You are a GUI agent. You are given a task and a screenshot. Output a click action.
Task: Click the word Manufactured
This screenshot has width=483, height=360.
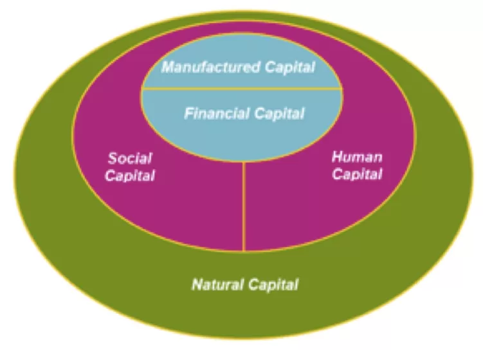coord(210,67)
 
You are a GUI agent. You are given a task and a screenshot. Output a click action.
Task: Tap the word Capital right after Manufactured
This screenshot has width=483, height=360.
coord(290,67)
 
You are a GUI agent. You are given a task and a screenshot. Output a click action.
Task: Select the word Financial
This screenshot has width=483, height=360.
coord(217,113)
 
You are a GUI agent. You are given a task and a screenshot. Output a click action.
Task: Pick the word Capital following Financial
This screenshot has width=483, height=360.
coord(279,114)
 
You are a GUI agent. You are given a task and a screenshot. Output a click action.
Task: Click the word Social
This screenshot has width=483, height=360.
coord(130,158)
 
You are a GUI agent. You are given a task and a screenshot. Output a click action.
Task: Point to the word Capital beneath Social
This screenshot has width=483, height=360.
coord(130,176)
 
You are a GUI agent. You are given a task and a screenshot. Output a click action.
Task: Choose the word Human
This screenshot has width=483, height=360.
coord(357,157)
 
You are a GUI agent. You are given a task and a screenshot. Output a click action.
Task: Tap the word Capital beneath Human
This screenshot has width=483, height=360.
coord(357,174)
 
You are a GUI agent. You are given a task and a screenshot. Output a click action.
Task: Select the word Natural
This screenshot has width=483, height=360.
coord(217,284)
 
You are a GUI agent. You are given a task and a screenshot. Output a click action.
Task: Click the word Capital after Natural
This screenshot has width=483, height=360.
coord(273,285)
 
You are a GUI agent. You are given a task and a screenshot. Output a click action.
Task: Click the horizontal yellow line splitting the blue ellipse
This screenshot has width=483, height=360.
coord(242,89)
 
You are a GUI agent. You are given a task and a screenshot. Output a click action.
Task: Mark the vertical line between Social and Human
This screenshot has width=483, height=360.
coord(244,206)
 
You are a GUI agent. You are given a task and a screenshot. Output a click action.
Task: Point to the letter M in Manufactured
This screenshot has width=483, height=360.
coord(168,67)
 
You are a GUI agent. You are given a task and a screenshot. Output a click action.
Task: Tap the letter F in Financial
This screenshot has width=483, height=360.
coord(189,113)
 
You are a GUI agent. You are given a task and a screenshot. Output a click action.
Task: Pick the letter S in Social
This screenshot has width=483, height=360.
coord(113,158)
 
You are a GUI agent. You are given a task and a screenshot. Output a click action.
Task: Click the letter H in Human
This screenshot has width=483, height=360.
coord(338,157)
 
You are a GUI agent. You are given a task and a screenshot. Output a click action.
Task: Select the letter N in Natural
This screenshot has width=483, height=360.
coord(197,284)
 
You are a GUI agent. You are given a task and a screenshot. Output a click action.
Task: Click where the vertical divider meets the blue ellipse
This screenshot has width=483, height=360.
coord(244,161)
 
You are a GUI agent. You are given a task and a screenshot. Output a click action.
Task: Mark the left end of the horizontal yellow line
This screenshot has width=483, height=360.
coord(141,89)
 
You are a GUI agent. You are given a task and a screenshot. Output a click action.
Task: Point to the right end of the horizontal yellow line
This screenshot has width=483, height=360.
coord(343,89)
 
